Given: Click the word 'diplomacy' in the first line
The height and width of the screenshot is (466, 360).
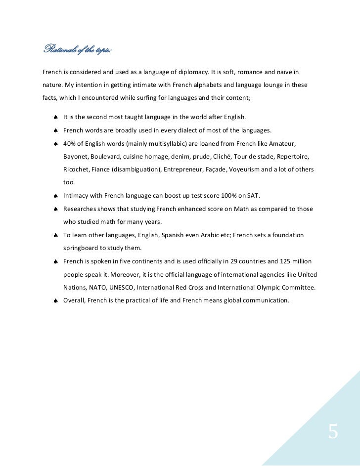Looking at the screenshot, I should tap(226, 72).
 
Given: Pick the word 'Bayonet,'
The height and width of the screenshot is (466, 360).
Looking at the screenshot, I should tap(77, 157).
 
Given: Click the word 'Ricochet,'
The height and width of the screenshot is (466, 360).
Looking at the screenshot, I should tap(77, 169).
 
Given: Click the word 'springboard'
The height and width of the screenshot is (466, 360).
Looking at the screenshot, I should tap(82, 248).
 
